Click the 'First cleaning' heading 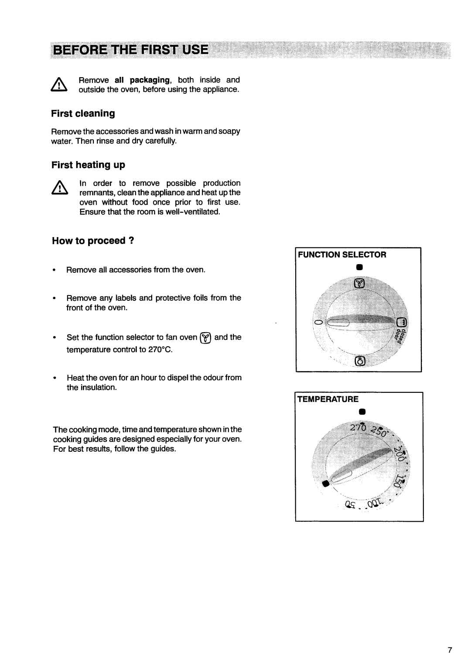83,113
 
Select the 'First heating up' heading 88,165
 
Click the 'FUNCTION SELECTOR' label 342,254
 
